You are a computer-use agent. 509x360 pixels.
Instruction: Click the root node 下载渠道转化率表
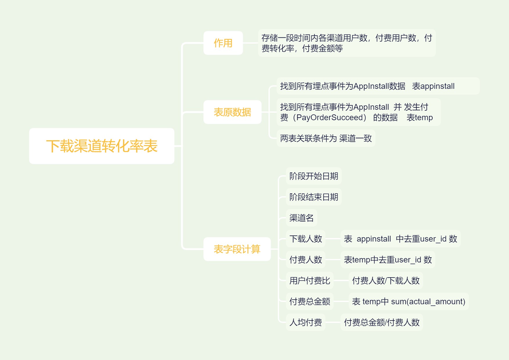(x=102, y=146)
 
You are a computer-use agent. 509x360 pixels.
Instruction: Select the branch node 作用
(x=223, y=43)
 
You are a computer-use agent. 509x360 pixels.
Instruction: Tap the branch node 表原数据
(x=232, y=112)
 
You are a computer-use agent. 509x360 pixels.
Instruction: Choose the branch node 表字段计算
(x=237, y=249)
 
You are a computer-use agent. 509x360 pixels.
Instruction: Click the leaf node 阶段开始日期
(x=313, y=176)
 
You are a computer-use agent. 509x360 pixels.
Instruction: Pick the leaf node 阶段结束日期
(x=313, y=197)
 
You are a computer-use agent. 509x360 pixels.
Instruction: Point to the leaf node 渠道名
(x=301, y=218)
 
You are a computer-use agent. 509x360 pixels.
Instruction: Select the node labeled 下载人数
(x=306, y=239)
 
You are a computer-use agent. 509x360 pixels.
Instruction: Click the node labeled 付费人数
(x=306, y=260)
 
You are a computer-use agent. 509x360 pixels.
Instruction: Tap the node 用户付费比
(x=310, y=280)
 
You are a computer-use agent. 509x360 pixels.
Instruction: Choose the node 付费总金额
(x=310, y=301)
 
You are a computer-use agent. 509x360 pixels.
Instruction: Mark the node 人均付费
(x=306, y=322)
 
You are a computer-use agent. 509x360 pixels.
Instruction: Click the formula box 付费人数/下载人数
(x=386, y=280)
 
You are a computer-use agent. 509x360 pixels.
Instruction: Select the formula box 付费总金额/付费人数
(x=381, y=322)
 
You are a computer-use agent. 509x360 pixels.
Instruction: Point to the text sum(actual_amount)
(x=428, y=302)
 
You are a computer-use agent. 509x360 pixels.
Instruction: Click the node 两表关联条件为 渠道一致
(x=326, y=138)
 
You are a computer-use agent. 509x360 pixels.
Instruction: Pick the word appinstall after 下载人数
(x=374, y=239)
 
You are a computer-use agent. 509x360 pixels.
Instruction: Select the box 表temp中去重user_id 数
(x=388, y=260)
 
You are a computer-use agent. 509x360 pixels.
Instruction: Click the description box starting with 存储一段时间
(x=347, y=43)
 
